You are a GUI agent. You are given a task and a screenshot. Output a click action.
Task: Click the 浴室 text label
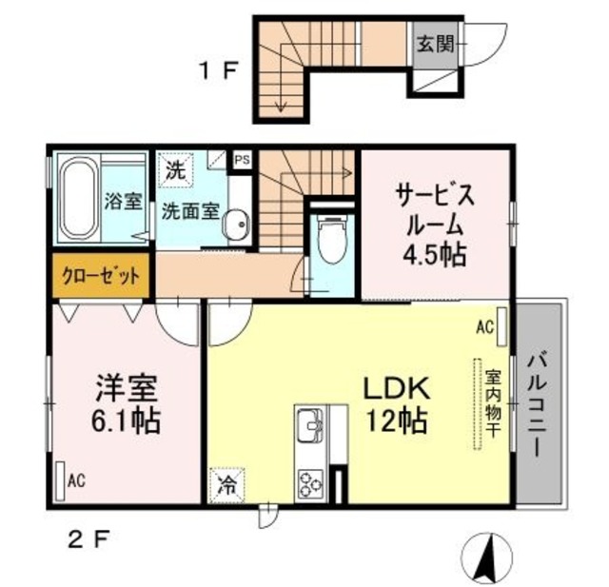122,202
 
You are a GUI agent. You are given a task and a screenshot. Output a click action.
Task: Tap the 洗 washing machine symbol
175,171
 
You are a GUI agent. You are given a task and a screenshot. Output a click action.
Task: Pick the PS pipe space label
242,159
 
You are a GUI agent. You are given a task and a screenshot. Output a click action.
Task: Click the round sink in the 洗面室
236,225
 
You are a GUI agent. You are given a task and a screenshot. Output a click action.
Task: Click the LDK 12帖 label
393,403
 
